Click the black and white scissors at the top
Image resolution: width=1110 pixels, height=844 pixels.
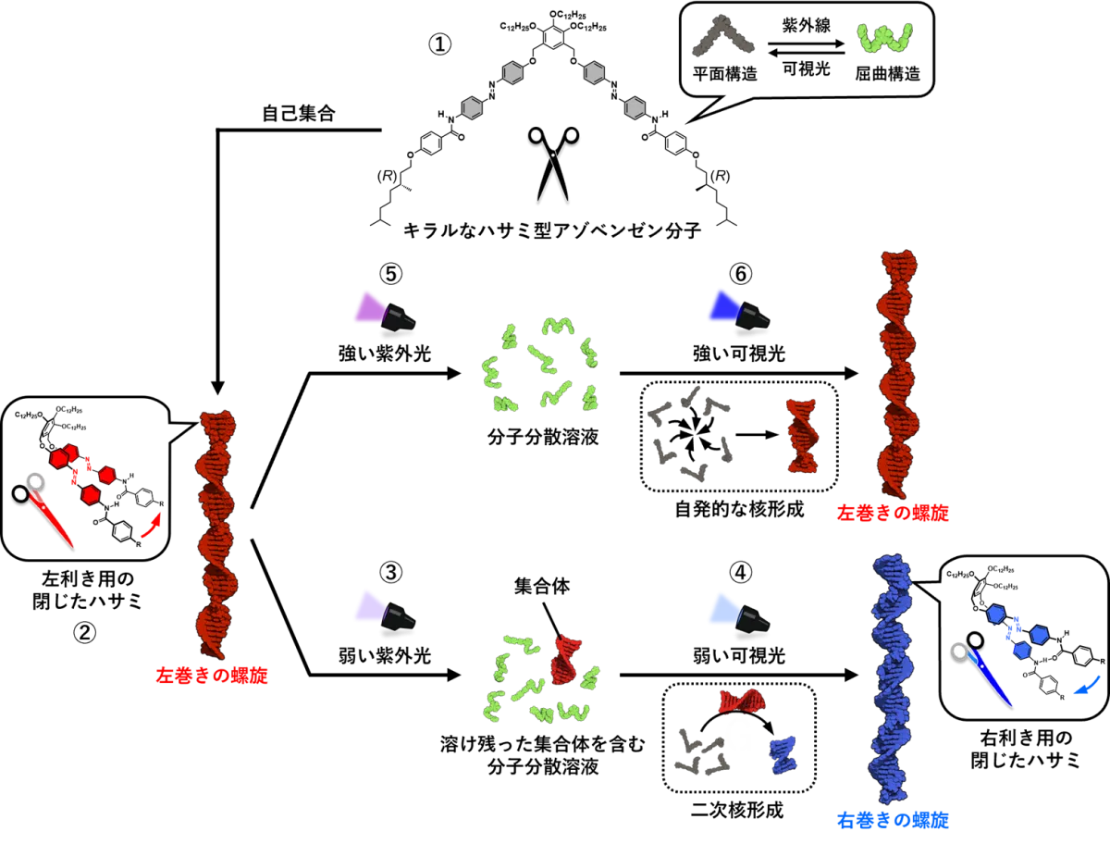pos(552,164)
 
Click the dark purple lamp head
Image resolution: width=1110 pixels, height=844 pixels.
pos(368,307)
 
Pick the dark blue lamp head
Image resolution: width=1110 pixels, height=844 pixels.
pos(722,305)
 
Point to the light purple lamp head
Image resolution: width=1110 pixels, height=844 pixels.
pos(368,606)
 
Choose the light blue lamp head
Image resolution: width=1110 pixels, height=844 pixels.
pos(722,608)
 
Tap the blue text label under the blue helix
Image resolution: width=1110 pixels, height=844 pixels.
pos(894,819)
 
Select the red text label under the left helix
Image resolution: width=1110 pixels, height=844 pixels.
pos(213,676)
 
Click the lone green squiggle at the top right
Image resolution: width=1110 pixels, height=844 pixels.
pos(884,38)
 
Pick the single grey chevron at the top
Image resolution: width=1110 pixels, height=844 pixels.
pos(722,37)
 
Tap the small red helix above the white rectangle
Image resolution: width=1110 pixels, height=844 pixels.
pos(743,701)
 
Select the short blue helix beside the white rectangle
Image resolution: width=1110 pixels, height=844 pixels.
pos(783,754)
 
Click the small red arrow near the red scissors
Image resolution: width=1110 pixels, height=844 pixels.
pos(151,527)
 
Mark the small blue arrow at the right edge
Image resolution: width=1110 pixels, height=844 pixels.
pos(1087,686)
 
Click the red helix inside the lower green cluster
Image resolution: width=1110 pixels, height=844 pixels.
pos(565,658)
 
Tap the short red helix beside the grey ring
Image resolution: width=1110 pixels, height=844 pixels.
pos(802,435)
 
